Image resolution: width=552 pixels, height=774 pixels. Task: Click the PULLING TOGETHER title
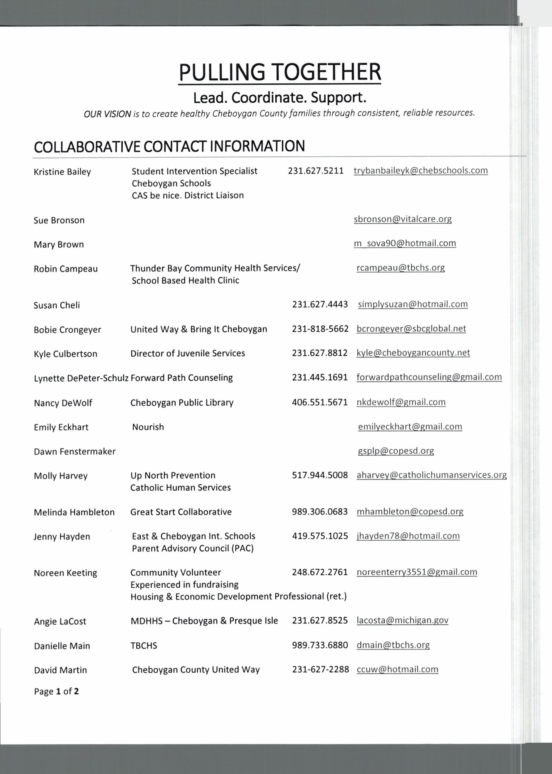pos(279,72)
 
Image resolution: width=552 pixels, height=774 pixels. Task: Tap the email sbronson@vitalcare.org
pos(402,219)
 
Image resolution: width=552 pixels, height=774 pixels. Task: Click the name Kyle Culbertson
pos(65,354)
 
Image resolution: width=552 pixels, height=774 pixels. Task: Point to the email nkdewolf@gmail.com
pos(401,402)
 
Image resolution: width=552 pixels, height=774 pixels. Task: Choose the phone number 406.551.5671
pos(320,402)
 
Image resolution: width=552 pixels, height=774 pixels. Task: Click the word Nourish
pos(148,427)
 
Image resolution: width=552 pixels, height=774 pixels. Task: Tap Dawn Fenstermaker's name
pos(75,451)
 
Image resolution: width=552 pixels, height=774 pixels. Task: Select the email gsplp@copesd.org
pos(396,451)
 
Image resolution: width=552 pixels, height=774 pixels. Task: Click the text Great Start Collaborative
pos(181,512)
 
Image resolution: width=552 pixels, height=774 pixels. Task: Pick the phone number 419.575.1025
pos(320,536)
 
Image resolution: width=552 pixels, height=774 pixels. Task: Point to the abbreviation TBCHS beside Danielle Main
pos(144,646)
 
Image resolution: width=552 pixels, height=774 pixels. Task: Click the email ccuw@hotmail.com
pos(397,669)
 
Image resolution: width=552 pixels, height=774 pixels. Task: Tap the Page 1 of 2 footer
pos(57,691)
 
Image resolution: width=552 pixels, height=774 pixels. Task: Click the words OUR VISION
pos(107,114)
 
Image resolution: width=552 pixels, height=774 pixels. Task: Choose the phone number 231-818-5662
pos(320,329)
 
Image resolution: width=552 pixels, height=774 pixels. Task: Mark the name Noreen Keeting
pos(65,573)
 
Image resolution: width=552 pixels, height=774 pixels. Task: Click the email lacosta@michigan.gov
pos(402,620)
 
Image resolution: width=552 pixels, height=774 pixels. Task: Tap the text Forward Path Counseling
pos(181,378)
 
